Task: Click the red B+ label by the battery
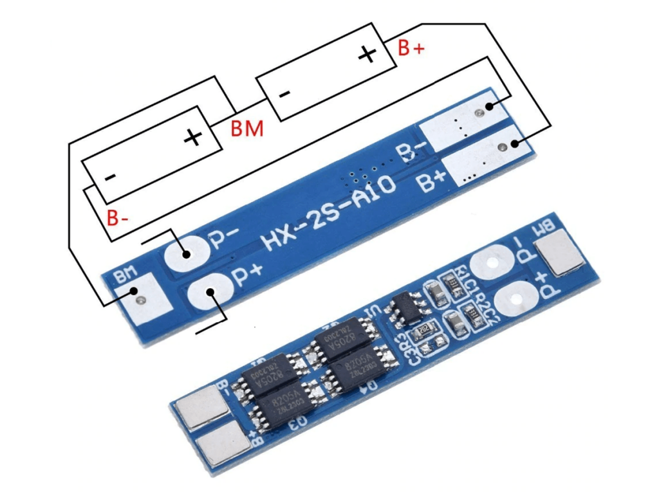tap(411, 48)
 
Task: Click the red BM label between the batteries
tap(246, 129)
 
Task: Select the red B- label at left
tap(118, 219)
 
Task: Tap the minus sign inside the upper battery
tap(284, 94)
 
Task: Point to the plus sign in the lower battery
tap(192, 137)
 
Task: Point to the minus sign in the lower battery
tap(110, 177)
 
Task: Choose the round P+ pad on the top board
tap(208, 293)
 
